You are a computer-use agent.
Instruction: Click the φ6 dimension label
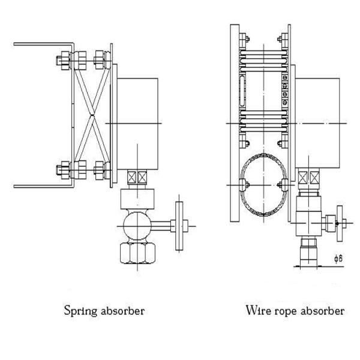[338, 259]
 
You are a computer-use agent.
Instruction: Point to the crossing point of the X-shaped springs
[92, 115]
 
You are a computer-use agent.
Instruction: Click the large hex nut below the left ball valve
[137, 253]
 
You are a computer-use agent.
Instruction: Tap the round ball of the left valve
[137, 226]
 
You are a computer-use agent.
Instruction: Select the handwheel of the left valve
[179, 226]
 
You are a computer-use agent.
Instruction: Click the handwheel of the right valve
[340, 223]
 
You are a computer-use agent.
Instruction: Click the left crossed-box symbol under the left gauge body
[131, 177]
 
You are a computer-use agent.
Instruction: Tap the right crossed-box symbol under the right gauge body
[314, 178]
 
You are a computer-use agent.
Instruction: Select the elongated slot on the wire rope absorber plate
[242, 91]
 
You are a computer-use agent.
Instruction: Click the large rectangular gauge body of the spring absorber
[137, 124]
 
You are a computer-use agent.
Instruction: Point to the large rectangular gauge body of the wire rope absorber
[317, 123]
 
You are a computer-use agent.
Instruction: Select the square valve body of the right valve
[309, 223]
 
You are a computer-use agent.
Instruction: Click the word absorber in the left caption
[123, 311]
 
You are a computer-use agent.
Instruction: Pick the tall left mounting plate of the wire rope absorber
[235, 123]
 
